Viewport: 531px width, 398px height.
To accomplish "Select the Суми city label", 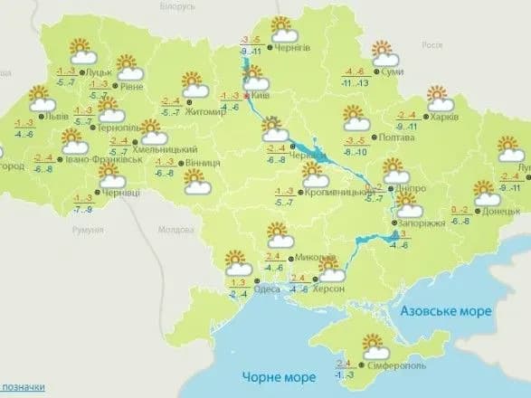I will point(392,71).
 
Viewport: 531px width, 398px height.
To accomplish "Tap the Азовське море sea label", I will point(448,311).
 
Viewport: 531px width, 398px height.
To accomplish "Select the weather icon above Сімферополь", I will point(373,345).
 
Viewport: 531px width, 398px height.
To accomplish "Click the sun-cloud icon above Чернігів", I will point(280,25).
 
